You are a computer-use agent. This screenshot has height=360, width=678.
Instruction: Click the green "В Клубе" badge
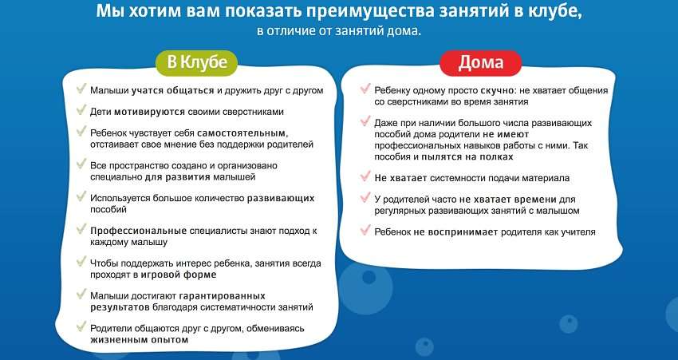point(197,63)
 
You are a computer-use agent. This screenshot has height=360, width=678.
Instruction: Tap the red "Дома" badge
point(481,63)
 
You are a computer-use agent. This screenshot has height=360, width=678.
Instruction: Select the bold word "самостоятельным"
point(242,133)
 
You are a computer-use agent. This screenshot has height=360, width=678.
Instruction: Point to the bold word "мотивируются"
point(149,112)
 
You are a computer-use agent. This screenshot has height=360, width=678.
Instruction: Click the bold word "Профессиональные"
point(138,231)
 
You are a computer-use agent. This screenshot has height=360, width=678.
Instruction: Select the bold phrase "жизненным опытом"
point(140,340)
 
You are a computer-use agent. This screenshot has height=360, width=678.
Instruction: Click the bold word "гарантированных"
point(223,296)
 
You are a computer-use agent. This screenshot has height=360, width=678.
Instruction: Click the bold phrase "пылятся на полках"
point(467,156)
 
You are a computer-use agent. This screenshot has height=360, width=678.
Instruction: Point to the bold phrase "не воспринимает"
point(455,232)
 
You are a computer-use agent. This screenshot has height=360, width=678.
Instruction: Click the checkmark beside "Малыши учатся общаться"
point(81,89)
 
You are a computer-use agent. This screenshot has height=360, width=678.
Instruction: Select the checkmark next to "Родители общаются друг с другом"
point(81,326)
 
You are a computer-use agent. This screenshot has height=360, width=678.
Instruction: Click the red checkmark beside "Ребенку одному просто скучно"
point(365,89)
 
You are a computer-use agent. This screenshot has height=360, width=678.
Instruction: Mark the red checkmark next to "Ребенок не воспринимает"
point(365,230)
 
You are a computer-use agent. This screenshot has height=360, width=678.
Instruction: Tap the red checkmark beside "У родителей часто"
point(365,198)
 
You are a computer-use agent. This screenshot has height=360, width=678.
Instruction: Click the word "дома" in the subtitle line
point(404,31)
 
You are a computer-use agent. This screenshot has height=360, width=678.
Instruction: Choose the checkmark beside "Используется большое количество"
point(81,196)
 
